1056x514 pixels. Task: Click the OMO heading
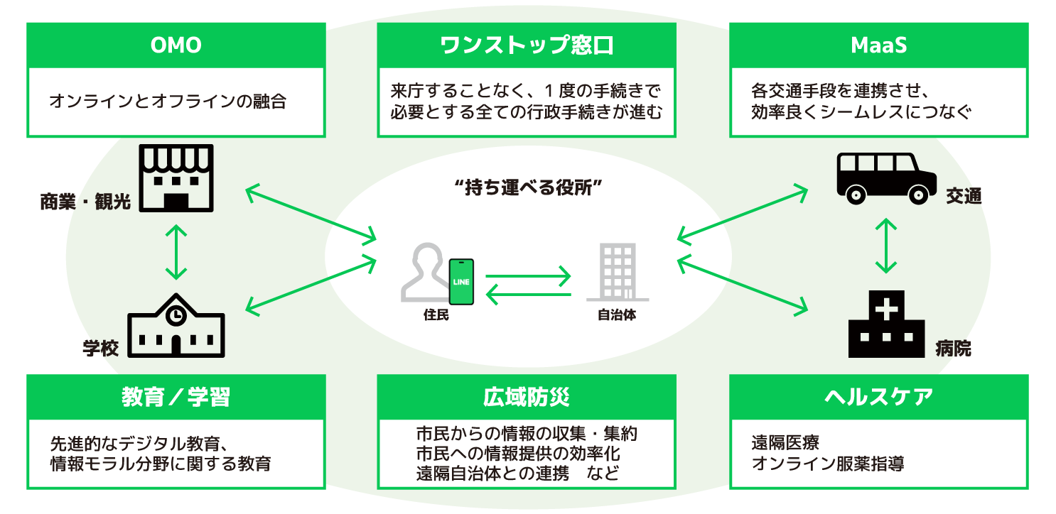(x=176, y=45)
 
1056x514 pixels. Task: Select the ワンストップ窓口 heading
(x=527, y=45)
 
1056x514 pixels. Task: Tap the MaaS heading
(x=878, y=45)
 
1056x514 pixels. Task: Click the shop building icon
(x=176, y=178)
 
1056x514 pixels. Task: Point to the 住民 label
(x=436, y=315)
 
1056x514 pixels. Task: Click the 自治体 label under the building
(x=616, y=315)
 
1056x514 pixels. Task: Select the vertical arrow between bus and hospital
(x=885, y=245)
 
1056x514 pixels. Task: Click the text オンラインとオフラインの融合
(x=168, y=102)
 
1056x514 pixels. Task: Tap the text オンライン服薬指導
(x=828, y=464)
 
